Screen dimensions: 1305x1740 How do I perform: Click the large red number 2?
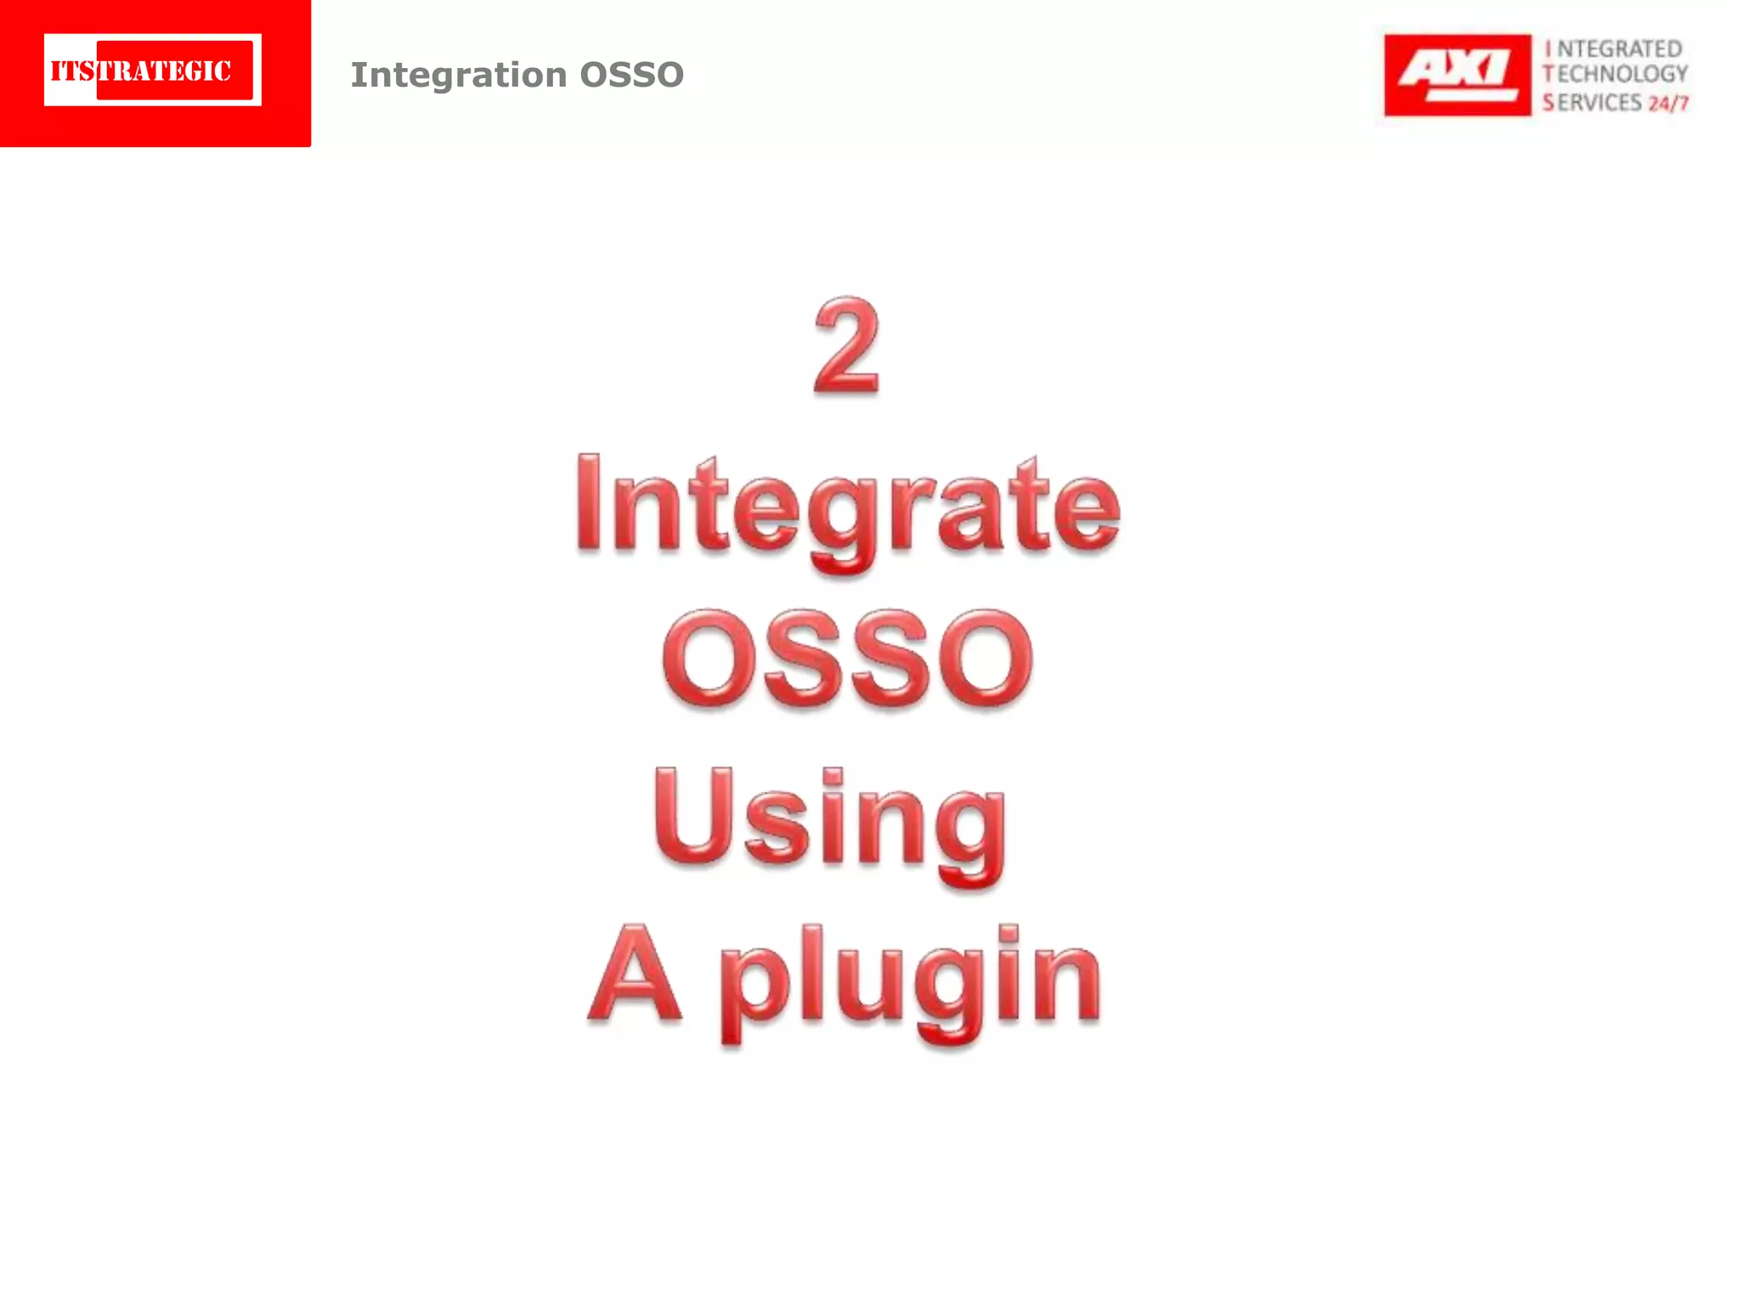tap(846, 347)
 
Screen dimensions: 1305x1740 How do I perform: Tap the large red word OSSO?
tap(848, 659)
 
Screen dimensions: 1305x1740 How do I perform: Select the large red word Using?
tap(831, 820)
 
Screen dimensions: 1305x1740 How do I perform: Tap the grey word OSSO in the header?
tap(631, 75)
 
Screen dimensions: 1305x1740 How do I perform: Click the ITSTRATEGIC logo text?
tap(142, 71)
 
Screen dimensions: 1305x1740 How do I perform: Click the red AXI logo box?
tap(1456, 75)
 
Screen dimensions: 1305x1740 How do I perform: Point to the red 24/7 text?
tap(1668, 104)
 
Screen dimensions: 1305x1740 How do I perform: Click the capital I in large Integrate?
tap(589, 503)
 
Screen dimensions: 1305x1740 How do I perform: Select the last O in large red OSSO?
tap(986, 659)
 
